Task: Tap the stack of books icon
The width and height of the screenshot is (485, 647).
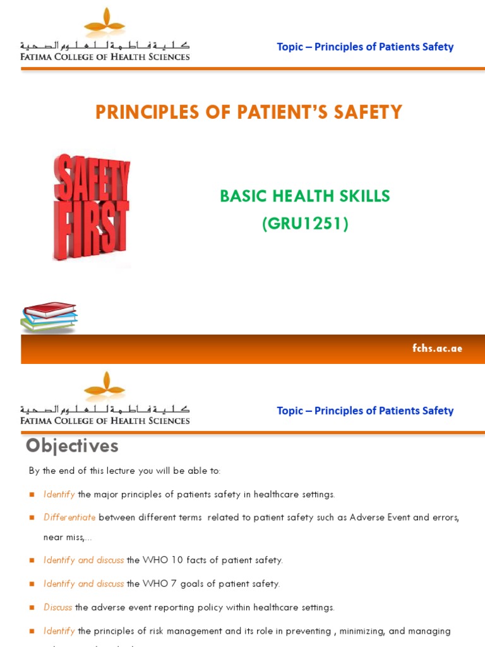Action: (49, 316)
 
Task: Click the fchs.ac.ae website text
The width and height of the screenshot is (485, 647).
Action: (437, 349)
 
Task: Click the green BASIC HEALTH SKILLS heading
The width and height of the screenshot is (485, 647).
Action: (305, 197)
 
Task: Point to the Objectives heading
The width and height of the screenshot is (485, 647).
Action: (72, 446)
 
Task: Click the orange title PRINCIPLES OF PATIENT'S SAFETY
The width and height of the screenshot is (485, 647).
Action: (248, 112)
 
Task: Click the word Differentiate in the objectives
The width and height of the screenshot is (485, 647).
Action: (69, 517)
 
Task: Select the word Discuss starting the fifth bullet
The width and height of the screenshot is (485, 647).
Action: (57, 608)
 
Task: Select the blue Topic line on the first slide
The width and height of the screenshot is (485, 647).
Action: (365, 47)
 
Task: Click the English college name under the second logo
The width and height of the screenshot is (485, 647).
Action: (105, 420)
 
